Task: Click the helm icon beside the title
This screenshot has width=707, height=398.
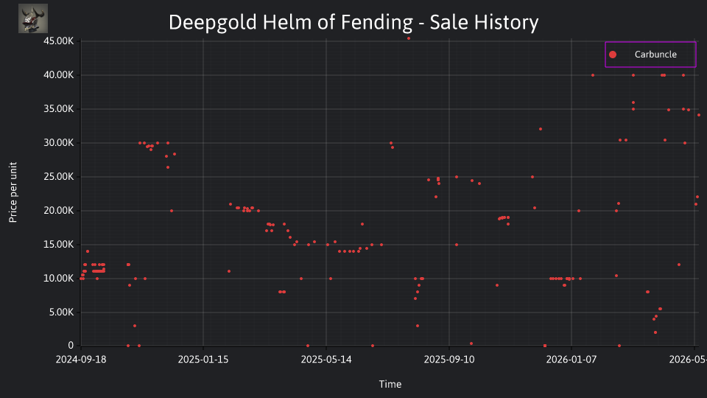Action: tap(33, 18)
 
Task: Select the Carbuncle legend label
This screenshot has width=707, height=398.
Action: tap(655, 55)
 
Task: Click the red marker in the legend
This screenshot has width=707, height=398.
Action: tap(613, 55)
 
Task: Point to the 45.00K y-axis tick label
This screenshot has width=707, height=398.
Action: tap(59, 41)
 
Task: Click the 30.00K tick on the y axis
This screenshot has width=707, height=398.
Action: tap(59, 143)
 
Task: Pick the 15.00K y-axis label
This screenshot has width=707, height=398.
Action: tap(59, 245)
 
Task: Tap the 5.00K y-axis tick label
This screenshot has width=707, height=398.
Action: tap(61, 313)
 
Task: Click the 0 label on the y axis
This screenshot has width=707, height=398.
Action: tap(71, 346)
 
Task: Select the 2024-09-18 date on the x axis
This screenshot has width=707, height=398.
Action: tap(81, 360)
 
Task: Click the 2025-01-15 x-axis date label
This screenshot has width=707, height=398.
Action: tap(203, 360)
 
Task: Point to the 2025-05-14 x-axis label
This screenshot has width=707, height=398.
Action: tap(326, 360)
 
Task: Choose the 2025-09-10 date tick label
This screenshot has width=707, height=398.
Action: tap(449, 360)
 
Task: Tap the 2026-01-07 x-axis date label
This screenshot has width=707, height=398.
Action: tap(571, 360)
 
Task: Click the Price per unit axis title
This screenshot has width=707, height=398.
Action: tap(13, 192)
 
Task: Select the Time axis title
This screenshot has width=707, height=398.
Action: tap(390, 385)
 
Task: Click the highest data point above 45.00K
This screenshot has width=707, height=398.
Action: tap(409, 38)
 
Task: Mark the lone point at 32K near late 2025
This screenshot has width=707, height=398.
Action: tap(541, 129)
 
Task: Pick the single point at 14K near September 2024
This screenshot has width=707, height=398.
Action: tap(88, 251)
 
